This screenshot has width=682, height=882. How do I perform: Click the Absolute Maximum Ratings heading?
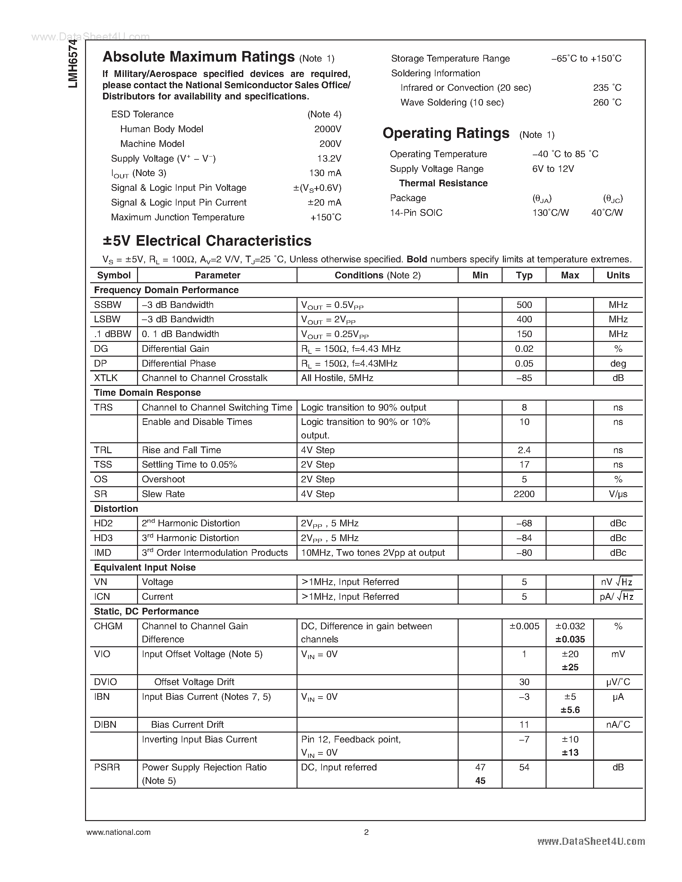point(198,57)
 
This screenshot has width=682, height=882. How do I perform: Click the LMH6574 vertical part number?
point(73,64)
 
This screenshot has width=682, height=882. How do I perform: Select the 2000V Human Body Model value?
point(328,129)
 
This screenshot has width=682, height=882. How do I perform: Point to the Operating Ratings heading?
point(446,133)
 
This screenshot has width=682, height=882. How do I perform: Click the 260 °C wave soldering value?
point(607,103)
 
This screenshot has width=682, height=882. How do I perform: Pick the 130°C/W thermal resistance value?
point(550,213)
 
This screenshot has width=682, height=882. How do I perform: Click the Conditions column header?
point(377,276)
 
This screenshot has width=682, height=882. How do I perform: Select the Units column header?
point(618,276)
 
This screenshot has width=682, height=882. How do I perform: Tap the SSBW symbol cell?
point(108,305)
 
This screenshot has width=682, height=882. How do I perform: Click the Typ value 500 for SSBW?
point(524,305)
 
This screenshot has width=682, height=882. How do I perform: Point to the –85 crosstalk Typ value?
point(524,378)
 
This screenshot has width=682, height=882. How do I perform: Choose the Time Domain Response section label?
point(147,393)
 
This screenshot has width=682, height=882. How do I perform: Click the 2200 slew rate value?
point(524,494)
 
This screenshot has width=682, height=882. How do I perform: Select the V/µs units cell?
point(618,494)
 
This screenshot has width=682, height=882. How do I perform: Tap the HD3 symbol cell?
point(103,538)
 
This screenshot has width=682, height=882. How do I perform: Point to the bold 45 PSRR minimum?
point(480,781)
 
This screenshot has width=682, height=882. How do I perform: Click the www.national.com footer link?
point(118,832)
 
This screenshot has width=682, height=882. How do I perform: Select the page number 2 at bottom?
point(367,832)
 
